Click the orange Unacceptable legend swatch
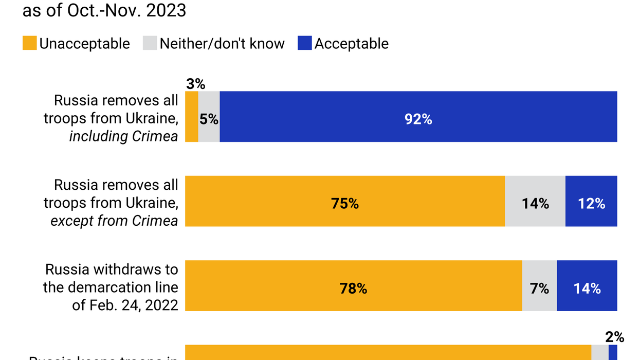pyautogui.click(x=30, y=43)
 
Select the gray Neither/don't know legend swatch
pyautogui.click(x=150, y=43)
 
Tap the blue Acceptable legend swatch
pyautogui.click(x=305, y=43)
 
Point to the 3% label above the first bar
pyautogui.click(x=195, y=84)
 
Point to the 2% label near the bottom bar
pyautogui.click(x=614, y=337)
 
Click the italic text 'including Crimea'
pyautogui.click(x=123, y=136)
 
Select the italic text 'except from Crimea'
pyautogui.click(x=114, y=221)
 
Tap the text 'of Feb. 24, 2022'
pyautogui.click(x=125, y=305)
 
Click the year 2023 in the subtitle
pyautogui.click(x=166, y=10)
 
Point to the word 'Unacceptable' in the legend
pyautogui.click(x=84, y=44)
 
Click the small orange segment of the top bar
pyautogui.click(x=191, y=117)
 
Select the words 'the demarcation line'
pyautogui.click(x=111, y=287)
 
